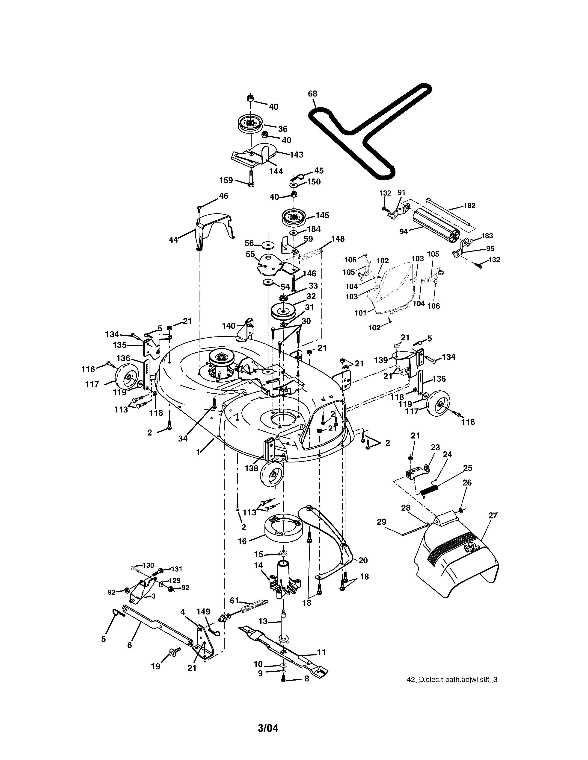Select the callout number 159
tap(226, 180)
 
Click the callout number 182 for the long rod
tap(469, 206)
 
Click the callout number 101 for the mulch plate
tap(361, 313)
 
